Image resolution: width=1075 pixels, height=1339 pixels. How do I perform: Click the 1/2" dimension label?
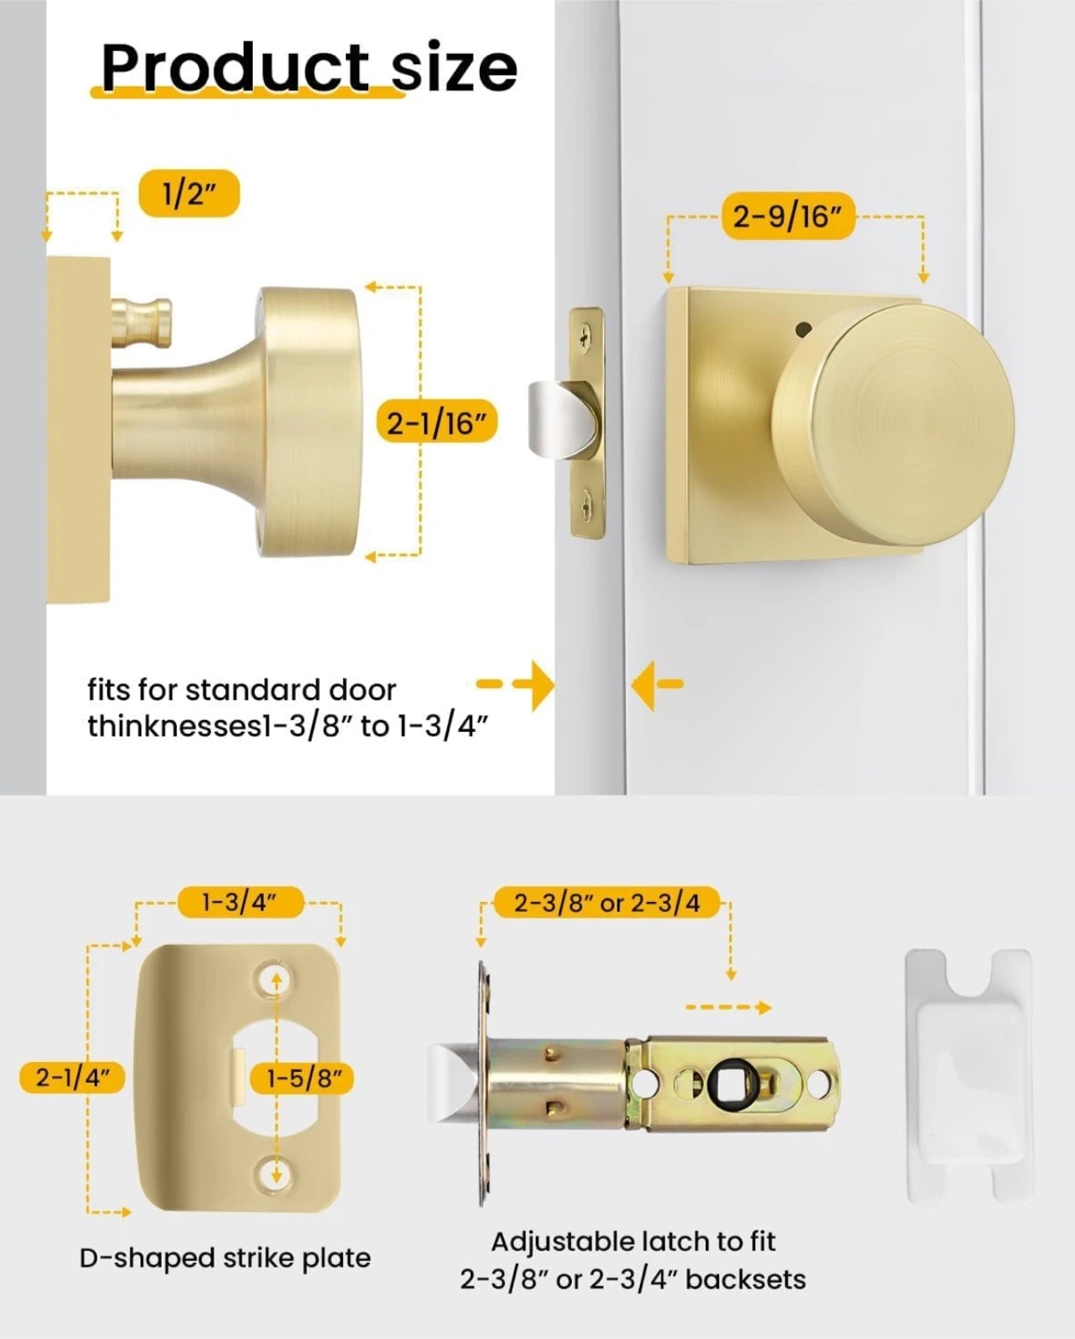coord(189,193)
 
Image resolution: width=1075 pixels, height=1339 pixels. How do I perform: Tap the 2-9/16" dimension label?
coord(788,217)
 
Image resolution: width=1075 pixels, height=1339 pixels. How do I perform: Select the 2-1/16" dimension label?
coord(436,423)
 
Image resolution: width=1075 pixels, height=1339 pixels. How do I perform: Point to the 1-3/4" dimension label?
coord(240,902)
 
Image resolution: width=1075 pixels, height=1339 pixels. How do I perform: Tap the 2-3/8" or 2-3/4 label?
coord(607,902)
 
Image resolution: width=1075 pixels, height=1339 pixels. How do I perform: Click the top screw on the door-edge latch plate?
coord(585,337)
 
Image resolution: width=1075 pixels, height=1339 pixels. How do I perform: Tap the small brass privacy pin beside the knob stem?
coord(142,319)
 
